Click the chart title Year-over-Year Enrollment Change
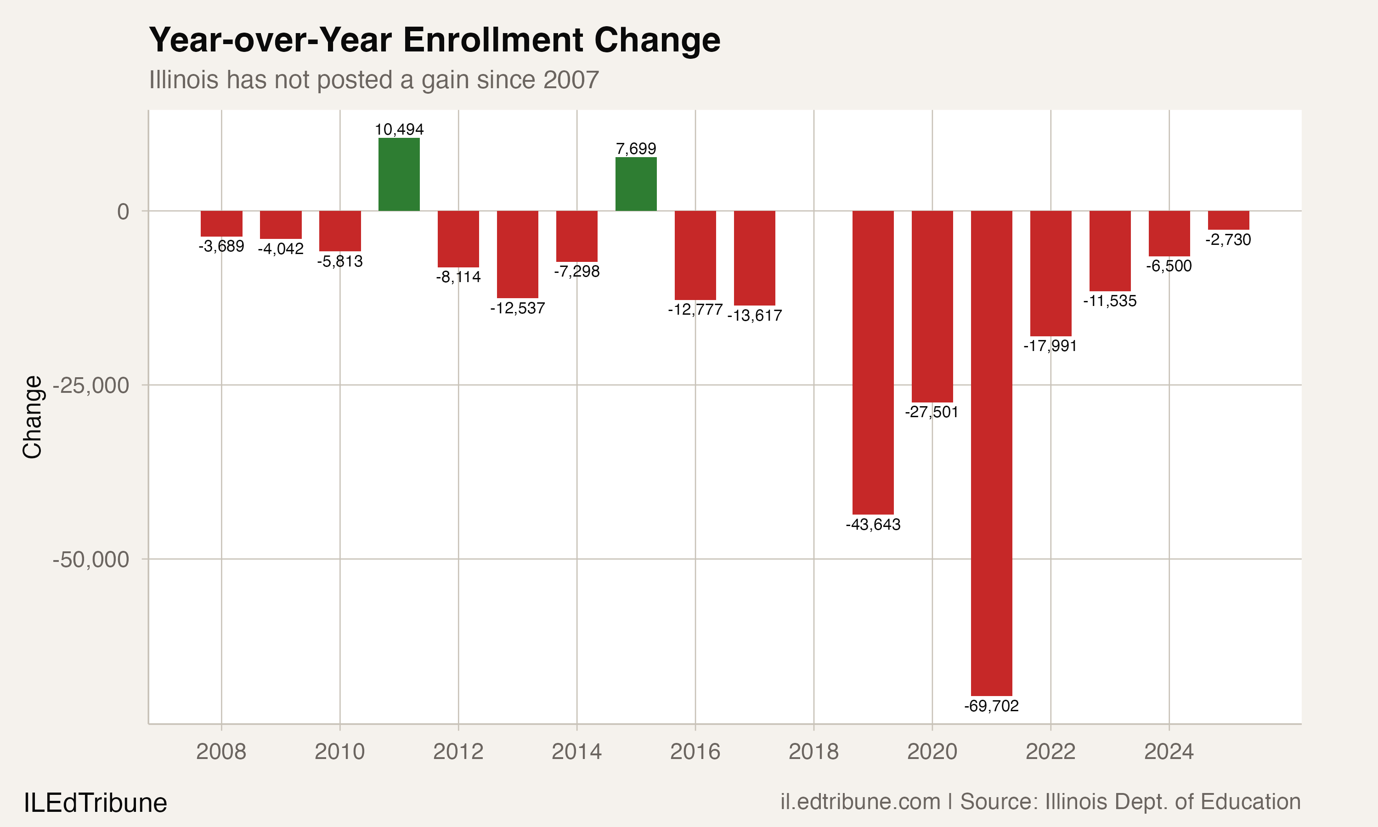click(435, 40)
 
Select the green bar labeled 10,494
click(399, 175)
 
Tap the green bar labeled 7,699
click(636, 184)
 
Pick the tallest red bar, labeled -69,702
click(991, 453)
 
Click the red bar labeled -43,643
click(873, 362)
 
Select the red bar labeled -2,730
click(1228, 220)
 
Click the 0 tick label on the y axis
click(123, 212)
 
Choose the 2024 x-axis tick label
click(1169, 752)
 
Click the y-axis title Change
click(32, 417)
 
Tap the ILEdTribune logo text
click(95, 803)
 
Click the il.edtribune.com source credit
click(860, 802)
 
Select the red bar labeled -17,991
click(1050, 273)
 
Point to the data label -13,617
click(754, 316)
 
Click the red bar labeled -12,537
click(518, 254)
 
